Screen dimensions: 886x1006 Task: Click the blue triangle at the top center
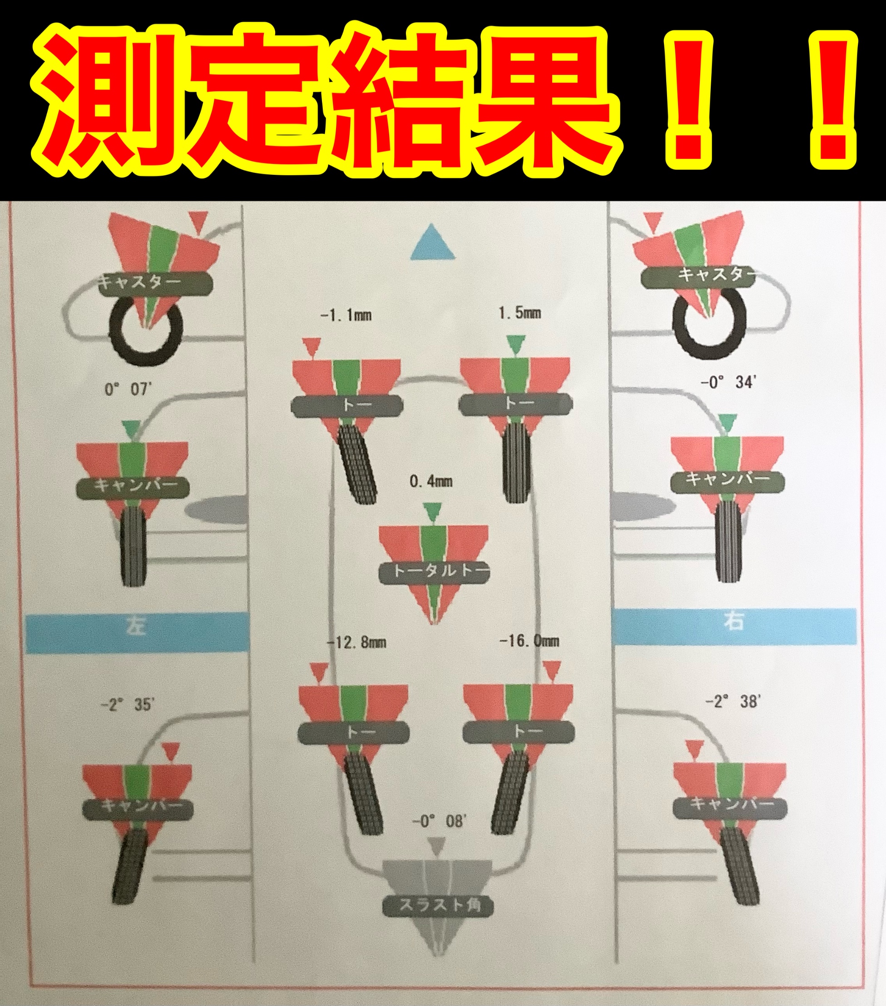(x=433, y=243)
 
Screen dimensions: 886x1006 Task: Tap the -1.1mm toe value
(x=346, y=315)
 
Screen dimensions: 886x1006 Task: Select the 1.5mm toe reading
(x=520, y=312)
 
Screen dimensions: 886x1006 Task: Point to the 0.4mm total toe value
(x=431, y=481)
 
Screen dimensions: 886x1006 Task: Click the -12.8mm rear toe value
(x=356, y=642)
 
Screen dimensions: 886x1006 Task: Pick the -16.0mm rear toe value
(x=529, y=641)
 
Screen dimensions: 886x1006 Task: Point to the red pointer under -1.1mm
(x=310, y=347)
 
